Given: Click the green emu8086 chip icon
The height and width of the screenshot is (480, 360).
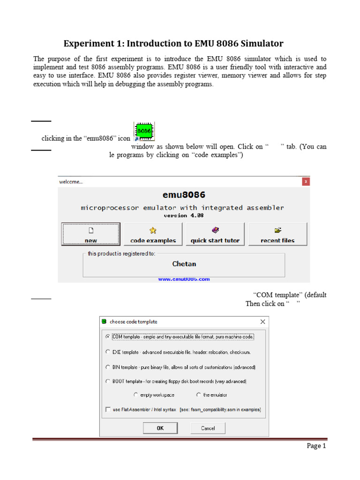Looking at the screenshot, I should [144, 131].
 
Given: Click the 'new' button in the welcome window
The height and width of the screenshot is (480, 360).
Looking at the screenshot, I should [90, 234].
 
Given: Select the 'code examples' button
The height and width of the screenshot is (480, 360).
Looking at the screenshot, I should [153, 234].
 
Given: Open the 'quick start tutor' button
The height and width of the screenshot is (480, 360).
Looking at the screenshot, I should [215, 234].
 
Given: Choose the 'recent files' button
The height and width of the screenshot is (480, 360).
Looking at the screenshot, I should [277, 234].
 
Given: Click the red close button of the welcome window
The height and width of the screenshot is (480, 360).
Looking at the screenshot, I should [306, 181].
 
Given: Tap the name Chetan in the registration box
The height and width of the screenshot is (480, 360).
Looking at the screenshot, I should [184, 264].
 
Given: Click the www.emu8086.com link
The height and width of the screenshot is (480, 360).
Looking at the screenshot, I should [184, 279].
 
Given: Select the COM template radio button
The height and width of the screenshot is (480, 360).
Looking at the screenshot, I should [108, 337].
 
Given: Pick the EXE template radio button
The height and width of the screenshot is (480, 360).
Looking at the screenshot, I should [108, 352].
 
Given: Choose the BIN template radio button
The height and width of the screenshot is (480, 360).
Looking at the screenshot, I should [108, 367].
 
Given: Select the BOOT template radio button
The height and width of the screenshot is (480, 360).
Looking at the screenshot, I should [108, 382].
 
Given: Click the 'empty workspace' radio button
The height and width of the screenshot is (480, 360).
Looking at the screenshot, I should [136, 395].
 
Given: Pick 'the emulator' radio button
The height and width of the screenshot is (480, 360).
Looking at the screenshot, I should [199, 395].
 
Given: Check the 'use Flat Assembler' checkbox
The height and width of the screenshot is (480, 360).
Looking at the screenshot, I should [108, 409].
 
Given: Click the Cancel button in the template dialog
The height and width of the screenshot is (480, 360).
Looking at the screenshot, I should [208, 428].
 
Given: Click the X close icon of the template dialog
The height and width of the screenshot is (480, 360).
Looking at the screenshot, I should [262, 322].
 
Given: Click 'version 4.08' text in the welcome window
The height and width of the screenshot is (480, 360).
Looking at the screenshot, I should [183, 216].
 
